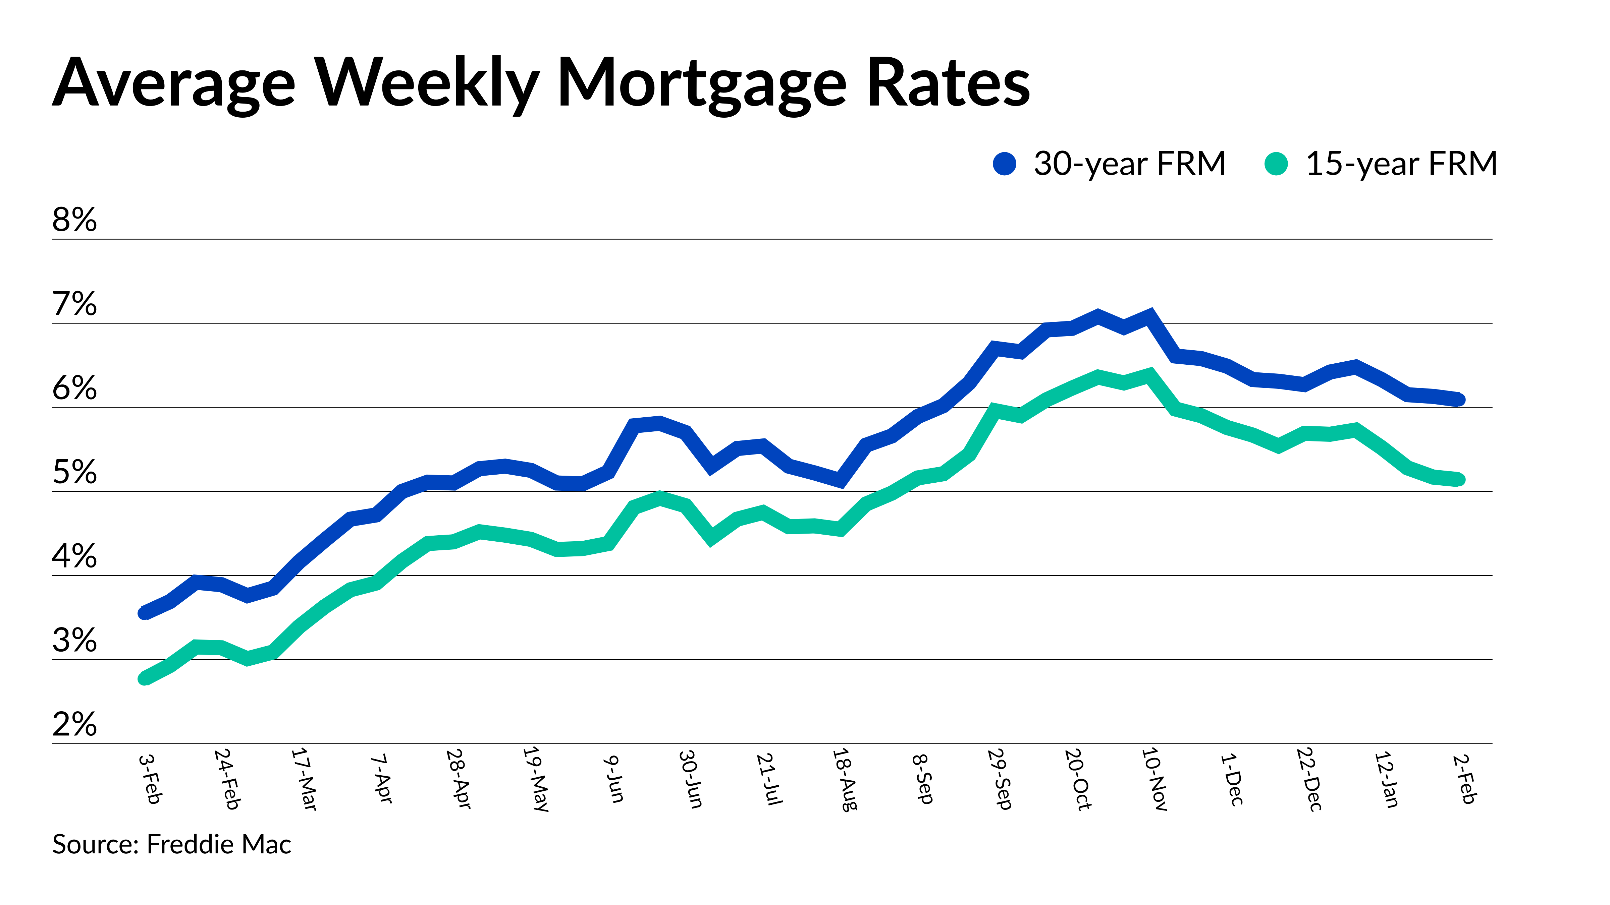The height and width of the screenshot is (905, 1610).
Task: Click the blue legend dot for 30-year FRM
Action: tap(1004, 164)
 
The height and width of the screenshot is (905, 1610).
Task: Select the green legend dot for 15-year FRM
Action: tap(1276, 164)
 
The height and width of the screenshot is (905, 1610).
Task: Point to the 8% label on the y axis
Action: tap(74, 220)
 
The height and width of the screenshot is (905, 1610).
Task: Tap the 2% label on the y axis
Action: tap(74, 724)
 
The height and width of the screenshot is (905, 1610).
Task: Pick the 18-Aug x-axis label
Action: tap(844, 779)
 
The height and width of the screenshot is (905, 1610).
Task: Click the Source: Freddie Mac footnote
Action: tap(171, 844)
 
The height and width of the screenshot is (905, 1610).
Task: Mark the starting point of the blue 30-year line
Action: tap(144, 613)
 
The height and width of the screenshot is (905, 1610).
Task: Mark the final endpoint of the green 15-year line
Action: tap(1459, 480)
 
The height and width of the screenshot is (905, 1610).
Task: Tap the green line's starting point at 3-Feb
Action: tap(144, 678)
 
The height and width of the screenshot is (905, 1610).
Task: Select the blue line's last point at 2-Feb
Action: tap(1459, 400)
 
